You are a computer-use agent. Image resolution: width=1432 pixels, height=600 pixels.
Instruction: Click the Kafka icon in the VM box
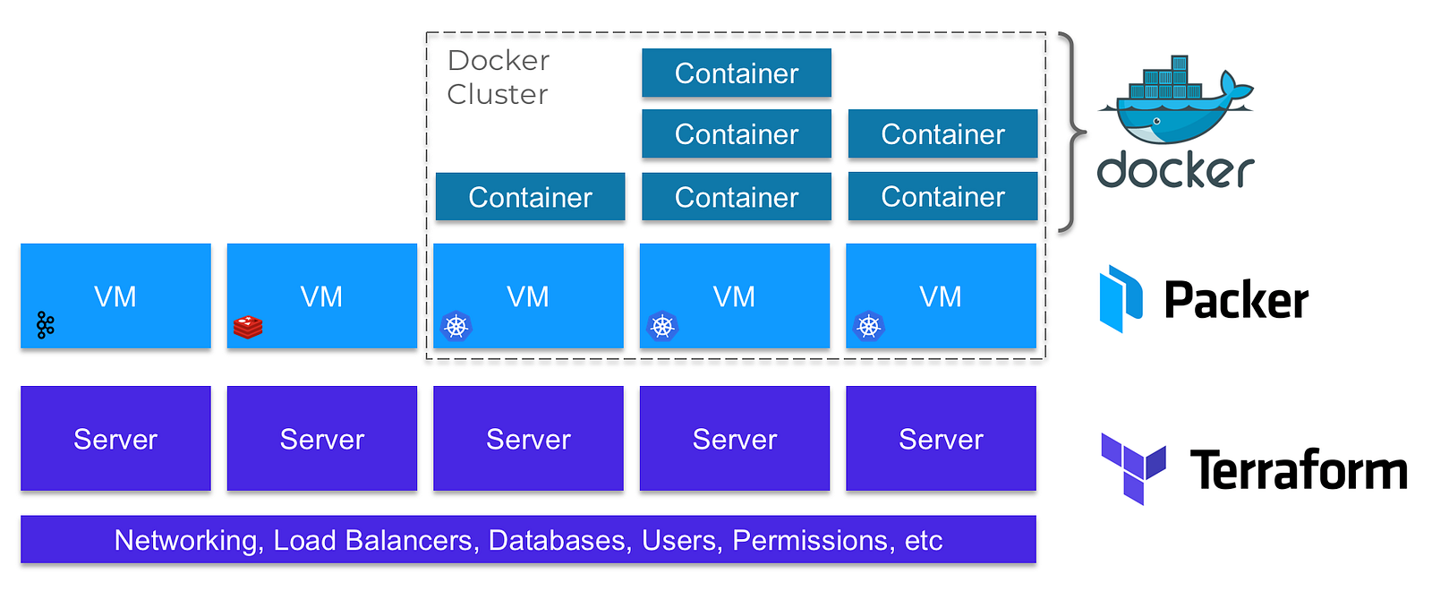coord(46,325)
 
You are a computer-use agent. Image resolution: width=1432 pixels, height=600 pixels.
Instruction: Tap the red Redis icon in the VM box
coord(248,327)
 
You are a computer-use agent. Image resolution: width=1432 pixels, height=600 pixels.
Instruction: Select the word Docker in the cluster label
coord(499,61)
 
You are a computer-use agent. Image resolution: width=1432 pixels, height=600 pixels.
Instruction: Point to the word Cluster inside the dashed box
coord(498,94)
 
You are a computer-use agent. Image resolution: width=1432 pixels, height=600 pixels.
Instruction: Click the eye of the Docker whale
coord(1157,121)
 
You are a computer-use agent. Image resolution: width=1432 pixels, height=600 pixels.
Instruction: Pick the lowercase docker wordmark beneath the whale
coord(1175,170)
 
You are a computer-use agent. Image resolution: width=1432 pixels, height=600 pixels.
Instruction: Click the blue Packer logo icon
coord(1121,298)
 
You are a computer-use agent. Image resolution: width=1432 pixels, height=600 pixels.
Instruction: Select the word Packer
coord(1236,300)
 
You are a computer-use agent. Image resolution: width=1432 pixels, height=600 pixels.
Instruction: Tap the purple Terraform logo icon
coord(1133,467)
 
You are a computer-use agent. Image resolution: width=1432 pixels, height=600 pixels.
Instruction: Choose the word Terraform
coord(1299,470)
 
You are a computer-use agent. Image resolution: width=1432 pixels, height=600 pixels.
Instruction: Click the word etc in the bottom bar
coord(924,541)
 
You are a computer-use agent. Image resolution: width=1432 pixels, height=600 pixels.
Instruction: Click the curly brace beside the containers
coord(1071,133)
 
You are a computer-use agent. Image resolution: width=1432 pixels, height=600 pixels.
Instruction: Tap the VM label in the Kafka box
coord(115,296)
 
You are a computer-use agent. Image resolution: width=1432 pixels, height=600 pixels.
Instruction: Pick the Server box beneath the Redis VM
coord(322,439)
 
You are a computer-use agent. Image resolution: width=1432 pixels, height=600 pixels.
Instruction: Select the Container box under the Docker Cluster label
coord(530,197)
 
